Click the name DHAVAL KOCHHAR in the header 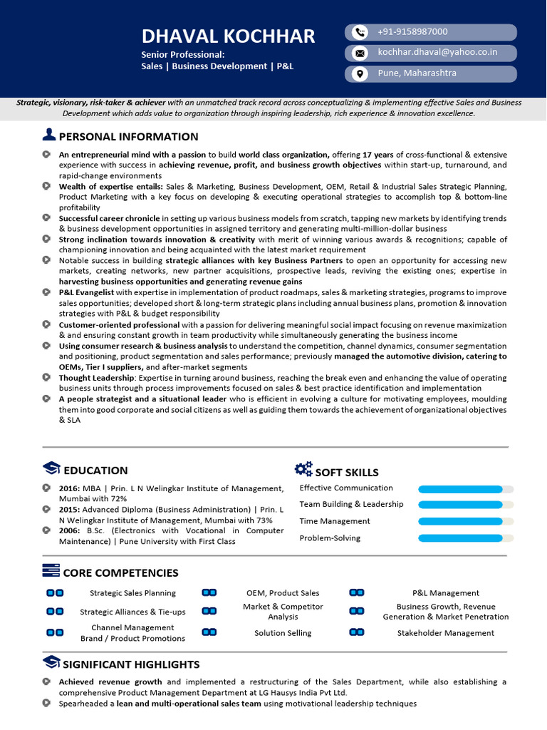point(228,36)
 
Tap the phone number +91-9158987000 point(412,32)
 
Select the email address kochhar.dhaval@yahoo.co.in point(437,53)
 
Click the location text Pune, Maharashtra point(416,73)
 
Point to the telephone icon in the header point(360,32)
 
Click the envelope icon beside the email point(360,53)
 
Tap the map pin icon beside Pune point(360,73)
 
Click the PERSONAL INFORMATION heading point(128,137)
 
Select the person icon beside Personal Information point(49,135)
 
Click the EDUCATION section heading point(95,471)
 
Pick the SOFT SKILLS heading point(347,473)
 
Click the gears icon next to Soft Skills point(303,469)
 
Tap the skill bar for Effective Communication point(466,489)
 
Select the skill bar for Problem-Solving point(466,539)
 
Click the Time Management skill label point(335,521)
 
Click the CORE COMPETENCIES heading point(120,573)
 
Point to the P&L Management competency point(446,593)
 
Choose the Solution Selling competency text point(283,633)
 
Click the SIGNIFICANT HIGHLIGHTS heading point(131,664)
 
